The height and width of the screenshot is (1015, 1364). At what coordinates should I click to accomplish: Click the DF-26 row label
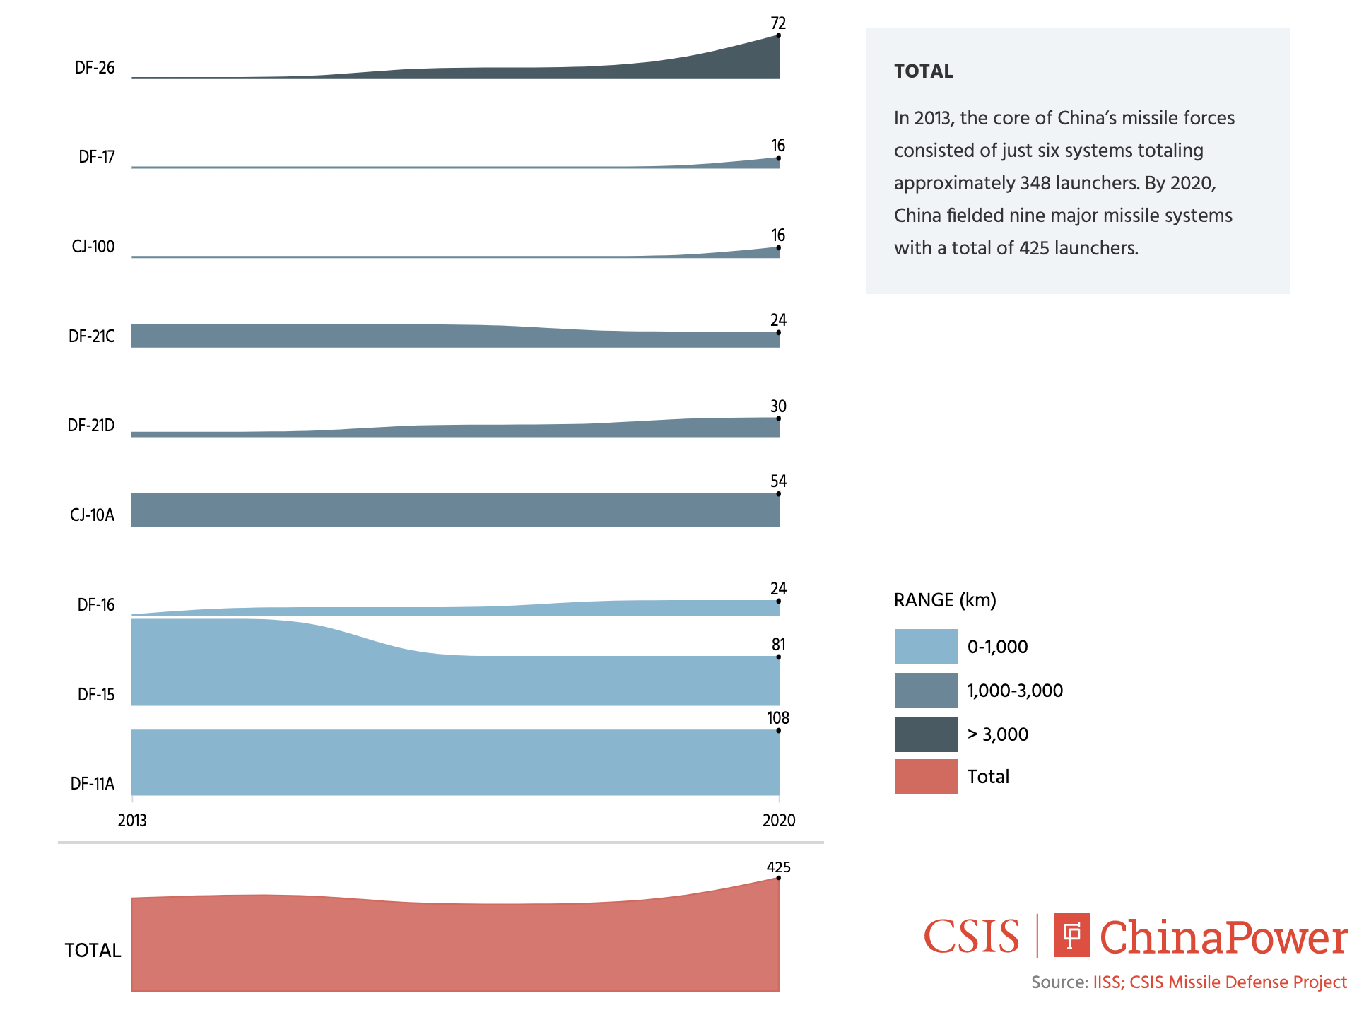click(x=95, y=68)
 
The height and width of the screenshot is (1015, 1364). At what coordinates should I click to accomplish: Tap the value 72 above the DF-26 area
click(x=778, y=23)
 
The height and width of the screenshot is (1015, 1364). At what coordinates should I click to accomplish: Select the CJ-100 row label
click(x=93, y=247)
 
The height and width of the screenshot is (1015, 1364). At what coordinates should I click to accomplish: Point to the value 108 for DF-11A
click(x=778, y=718)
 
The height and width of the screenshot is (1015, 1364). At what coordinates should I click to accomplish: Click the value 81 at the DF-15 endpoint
click(x=778, y=645)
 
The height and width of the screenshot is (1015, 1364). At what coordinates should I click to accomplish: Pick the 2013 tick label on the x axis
click(x=132, y=821)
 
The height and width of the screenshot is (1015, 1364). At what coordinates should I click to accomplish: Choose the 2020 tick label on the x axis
click(x=779, y=821)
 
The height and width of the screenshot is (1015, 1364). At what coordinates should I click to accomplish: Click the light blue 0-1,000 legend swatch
click(x=926, y=647)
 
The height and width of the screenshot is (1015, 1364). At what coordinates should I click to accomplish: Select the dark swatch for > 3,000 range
click(x=926, y=734)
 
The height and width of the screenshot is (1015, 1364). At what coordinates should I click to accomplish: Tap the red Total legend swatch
click(x=926, y=777)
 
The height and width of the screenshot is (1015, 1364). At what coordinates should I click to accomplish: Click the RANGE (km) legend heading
click(x=945, y=601)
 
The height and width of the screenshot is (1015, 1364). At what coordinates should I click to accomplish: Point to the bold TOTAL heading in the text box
click(x=924, y=71)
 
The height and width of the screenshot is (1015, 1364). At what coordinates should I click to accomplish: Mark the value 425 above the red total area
click(x=778, y=867)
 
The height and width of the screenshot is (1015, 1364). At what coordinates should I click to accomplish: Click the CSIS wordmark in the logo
click(x=971, y=937)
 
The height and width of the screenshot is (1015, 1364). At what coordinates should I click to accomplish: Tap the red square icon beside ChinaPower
click(x=1071, y=935)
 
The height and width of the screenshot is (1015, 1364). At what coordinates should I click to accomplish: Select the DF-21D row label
click(x=91, y=426)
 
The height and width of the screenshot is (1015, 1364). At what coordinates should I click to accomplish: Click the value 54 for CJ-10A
click(x=778, y=481)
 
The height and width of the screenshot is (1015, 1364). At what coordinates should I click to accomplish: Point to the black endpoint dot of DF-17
click(x=778, y=158)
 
